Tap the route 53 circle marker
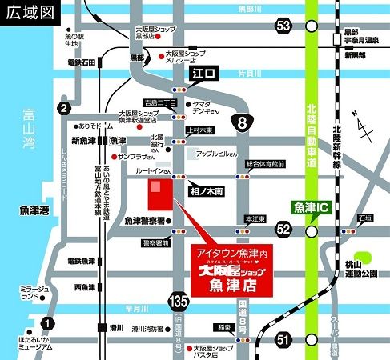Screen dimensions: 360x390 [x=283, y=26]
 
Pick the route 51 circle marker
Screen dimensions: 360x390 [x=282, y=339]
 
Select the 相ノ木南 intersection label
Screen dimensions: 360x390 [x=207, y=192]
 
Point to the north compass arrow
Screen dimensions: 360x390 [x=365, y=128]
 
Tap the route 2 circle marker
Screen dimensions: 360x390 [x=65, y=109]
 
